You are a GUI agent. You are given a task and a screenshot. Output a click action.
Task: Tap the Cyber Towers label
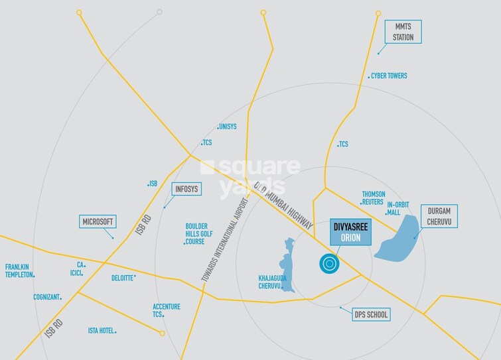[389, 76]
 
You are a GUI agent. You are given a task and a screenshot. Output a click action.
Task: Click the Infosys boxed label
[186, 189]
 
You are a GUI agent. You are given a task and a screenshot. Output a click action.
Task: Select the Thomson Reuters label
[373, 198]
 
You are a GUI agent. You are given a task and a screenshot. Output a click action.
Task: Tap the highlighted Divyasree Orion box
[345, 232]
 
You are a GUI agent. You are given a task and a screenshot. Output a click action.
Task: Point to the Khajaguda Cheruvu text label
[272, 282]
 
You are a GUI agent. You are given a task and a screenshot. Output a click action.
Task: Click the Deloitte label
[123, 278]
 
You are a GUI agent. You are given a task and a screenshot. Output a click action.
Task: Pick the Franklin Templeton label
[19, 271]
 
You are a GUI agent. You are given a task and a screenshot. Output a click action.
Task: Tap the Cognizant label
[46, 298]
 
